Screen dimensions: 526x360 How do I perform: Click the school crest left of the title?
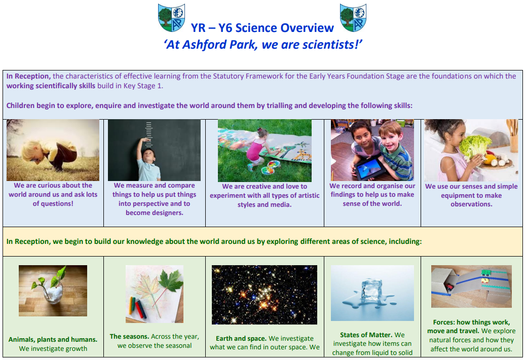(x=171, y=18)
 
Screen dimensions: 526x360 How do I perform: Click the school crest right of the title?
(x=353, y=18)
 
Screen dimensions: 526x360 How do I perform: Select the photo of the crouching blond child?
(x=53, y=150)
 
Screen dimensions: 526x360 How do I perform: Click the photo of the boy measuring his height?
(x=155, y=150)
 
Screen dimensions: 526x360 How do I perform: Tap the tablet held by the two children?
(x=370, y=168)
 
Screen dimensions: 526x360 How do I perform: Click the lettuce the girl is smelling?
(x=474, y=146)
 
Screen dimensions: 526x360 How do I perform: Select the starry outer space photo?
(x=265, y=295)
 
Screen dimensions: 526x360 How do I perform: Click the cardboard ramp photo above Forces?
(x=471, y=286)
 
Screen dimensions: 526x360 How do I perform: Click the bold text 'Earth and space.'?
(x=241, y=339)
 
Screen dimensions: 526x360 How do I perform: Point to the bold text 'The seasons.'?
(x=130, y=337)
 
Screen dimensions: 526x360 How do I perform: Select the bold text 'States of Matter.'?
(x=366, y=335)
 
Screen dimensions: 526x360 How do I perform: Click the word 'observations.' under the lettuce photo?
(x=471, y=204)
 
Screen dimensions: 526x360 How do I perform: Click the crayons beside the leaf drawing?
(x=138, y=307)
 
